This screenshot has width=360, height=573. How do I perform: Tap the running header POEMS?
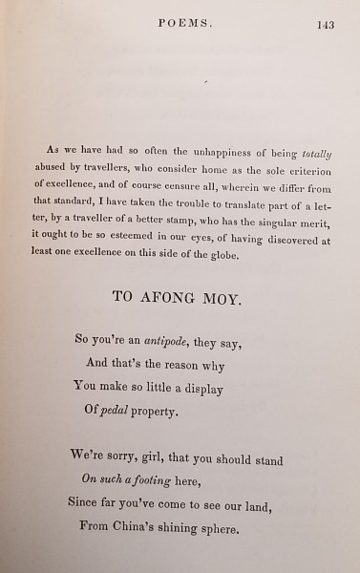pyautogui.click(x=184, y=24)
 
